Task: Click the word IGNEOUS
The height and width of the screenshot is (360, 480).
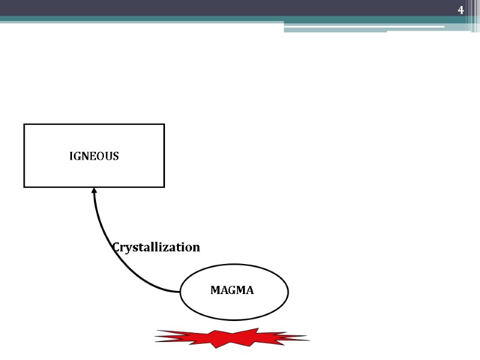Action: tap(94, 156)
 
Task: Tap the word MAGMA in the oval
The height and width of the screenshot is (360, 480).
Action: tap(232, 290)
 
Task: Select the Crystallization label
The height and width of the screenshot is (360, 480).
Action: tap(156, 247)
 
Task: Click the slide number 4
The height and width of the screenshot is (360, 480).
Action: tap(461, 10)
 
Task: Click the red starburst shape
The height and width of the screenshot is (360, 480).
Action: tap(232, 339)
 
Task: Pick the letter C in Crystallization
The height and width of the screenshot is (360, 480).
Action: tap(116, 247)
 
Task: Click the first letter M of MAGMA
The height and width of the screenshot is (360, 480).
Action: tap(215, 290)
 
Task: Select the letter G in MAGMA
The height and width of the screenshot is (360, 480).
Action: tap(232, 290)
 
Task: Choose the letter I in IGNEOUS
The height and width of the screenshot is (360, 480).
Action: tap(71, 156)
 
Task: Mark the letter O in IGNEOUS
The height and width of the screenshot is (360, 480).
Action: tap(100, 156)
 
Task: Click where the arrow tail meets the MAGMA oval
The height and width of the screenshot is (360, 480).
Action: tap(181, 292)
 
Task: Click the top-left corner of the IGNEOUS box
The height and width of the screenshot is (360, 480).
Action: tap(24, 125)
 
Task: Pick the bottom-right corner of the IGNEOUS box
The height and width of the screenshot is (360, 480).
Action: tap(164, 187)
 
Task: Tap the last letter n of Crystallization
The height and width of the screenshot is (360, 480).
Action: tap(196, 247)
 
